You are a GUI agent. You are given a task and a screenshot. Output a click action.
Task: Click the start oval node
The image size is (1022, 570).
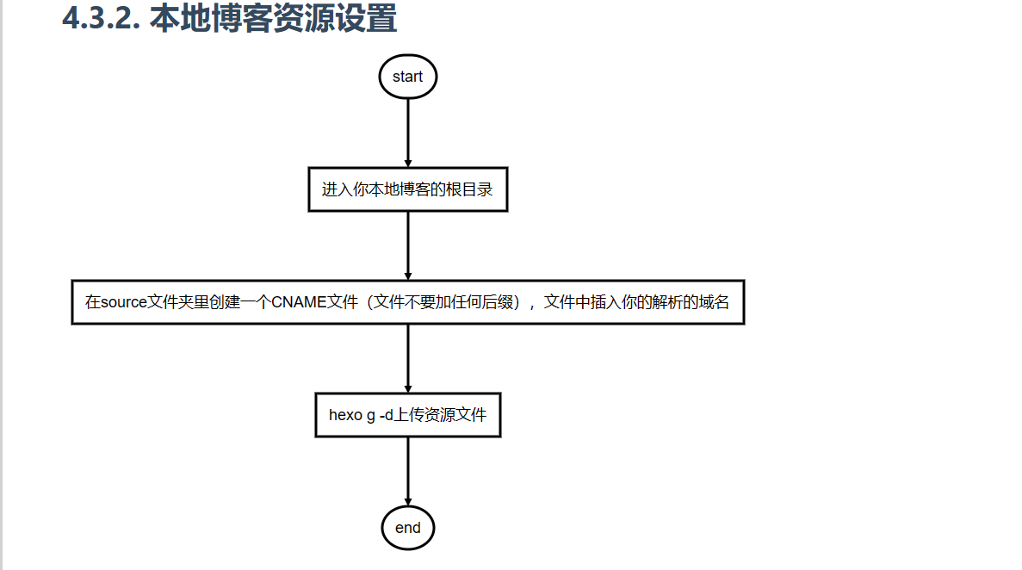click(x=408, y=77)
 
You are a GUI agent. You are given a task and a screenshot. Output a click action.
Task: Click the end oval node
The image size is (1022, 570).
click(x=408, y=528)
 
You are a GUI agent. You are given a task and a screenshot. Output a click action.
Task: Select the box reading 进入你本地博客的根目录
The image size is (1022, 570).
click(x=408, y=189)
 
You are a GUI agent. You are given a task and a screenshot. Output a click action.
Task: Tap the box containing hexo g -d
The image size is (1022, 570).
click(x=408, y=415)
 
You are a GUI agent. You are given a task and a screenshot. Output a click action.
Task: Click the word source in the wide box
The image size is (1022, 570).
click(x=124, y=302)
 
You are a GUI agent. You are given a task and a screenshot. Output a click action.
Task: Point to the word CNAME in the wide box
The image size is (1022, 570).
click(x=299, y=302)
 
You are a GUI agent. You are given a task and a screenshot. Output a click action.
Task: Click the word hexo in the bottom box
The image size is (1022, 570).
click(x=345, y=415)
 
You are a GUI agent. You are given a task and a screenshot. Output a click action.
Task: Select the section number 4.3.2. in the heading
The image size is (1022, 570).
click(x=101, y=18)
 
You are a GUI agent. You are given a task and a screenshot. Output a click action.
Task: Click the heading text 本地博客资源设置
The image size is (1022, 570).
click(x=273, y=18)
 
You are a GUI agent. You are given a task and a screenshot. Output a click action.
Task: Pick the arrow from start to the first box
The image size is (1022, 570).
click(x=408, y=133)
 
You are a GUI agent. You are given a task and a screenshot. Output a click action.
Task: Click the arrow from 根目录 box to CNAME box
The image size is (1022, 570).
click(x=408, y=246)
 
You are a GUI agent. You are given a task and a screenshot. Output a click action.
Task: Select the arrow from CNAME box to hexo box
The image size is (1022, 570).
click(x=408, y=359)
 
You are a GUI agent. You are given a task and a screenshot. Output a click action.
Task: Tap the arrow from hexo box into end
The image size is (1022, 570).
click(x=408, y=472)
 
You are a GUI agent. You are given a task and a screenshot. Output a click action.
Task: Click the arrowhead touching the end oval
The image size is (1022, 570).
click(x=408, y=502)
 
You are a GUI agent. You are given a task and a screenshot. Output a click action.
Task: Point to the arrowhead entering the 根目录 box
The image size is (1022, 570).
click(x=408, y=164)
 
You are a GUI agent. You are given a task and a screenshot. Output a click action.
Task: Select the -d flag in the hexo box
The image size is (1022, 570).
click(x=387, y=415)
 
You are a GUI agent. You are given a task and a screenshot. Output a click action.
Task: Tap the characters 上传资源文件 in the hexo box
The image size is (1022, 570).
click(x=441, y=415)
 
